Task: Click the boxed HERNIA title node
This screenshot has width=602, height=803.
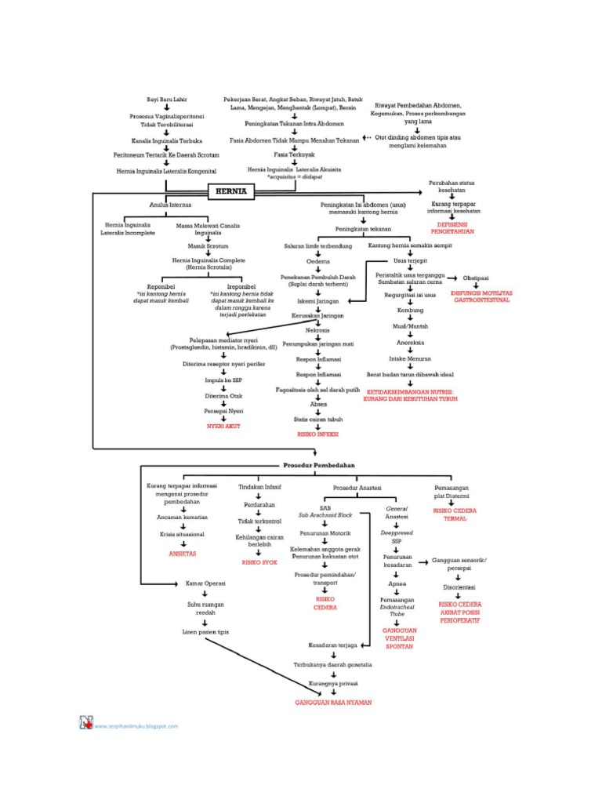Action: [231, 191]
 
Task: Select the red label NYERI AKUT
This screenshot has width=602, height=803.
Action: [223, 426]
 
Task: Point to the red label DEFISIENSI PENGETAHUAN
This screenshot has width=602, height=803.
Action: [455, 227]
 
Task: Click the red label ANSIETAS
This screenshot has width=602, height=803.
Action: [183, 553]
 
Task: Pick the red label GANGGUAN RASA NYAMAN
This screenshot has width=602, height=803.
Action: [333, 703]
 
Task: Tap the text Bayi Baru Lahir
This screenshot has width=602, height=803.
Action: [165, 100]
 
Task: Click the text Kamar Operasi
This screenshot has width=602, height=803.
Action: [205, 583]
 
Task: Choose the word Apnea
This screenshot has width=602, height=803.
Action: [397, 583]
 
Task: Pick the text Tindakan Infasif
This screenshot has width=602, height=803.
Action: [259, 487]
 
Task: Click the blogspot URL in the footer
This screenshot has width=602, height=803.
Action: [136, 726]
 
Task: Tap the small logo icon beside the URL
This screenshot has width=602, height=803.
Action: [85, 723]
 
